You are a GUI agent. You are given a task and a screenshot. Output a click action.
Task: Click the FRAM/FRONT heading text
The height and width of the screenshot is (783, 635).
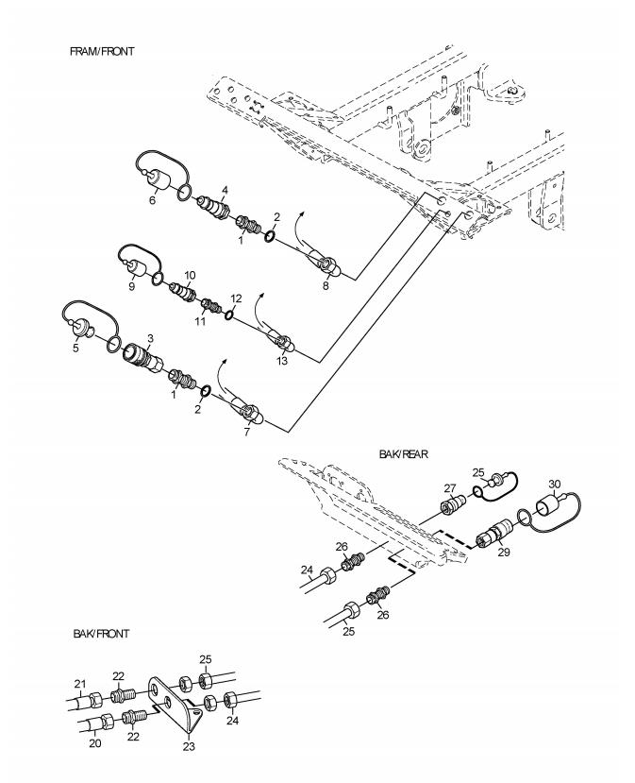(101, 50)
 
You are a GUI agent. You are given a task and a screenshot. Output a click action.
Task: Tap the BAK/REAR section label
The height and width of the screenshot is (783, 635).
(403, 454)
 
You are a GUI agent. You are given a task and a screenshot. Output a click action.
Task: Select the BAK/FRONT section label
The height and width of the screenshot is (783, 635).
(101, 633)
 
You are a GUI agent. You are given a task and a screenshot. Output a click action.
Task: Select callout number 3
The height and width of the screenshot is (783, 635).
(150, 337)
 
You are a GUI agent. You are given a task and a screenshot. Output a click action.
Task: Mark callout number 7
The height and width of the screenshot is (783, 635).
(247, 431)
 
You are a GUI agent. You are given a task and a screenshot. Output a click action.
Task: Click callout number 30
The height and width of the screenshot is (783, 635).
(555, 484)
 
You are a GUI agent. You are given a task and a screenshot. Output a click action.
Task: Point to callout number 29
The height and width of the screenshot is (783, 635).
(503, 552)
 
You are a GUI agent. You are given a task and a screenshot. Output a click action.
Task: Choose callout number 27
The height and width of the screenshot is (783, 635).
(448, 488)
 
